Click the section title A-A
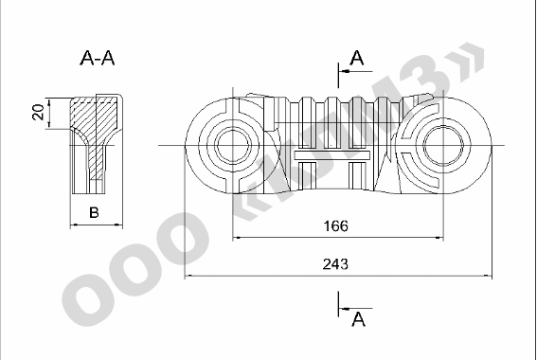[98, 58]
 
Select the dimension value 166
[335, 226]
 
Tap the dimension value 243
[335, 264]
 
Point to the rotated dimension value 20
[38, 112]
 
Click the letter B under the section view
[94, 213]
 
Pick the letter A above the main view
[357, 58]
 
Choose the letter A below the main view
[359, 319]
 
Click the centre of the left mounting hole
[233, 145]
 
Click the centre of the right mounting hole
[443, 145]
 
